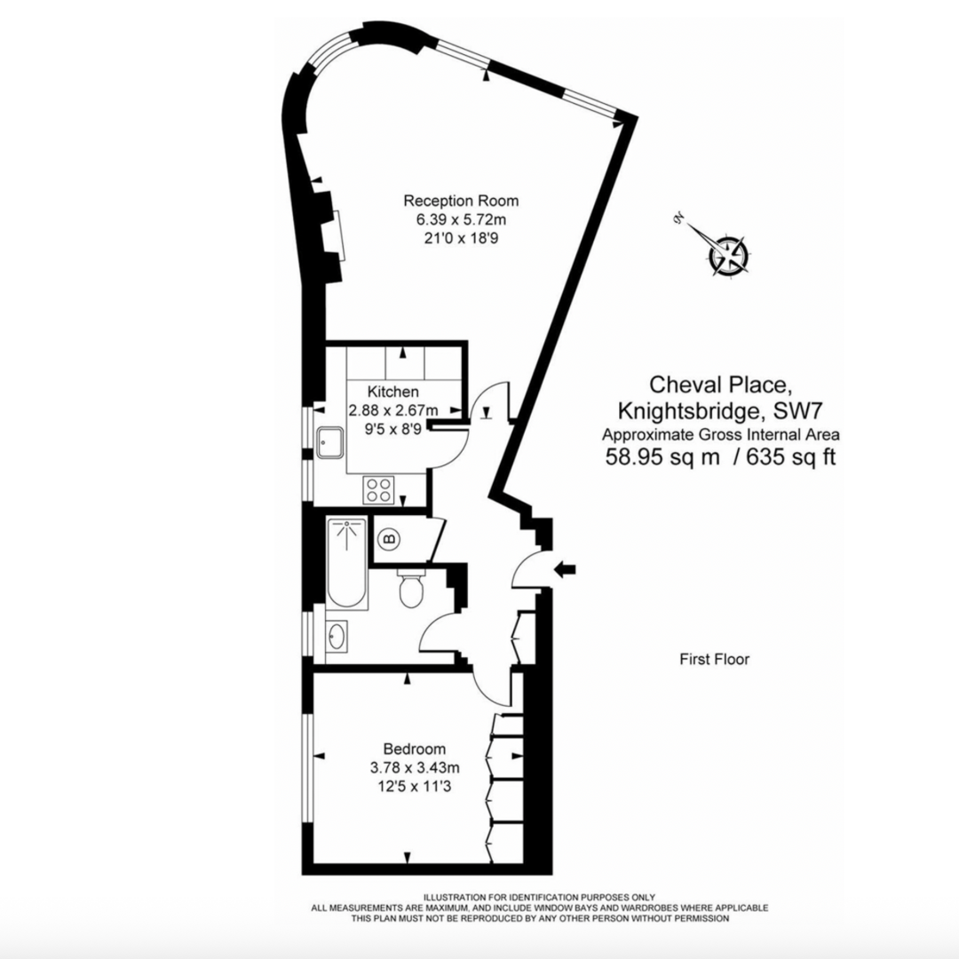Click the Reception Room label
click(461, 200)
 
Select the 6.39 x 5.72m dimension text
click(461, 219)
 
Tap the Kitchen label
click(393, 391)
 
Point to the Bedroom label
click(415, 749)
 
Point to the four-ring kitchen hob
click(379, 488)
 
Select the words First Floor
click(714, 659)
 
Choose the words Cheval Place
click(719, 385)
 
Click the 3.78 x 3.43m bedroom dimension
click(415, 767)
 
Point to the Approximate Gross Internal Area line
click(720, 434)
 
